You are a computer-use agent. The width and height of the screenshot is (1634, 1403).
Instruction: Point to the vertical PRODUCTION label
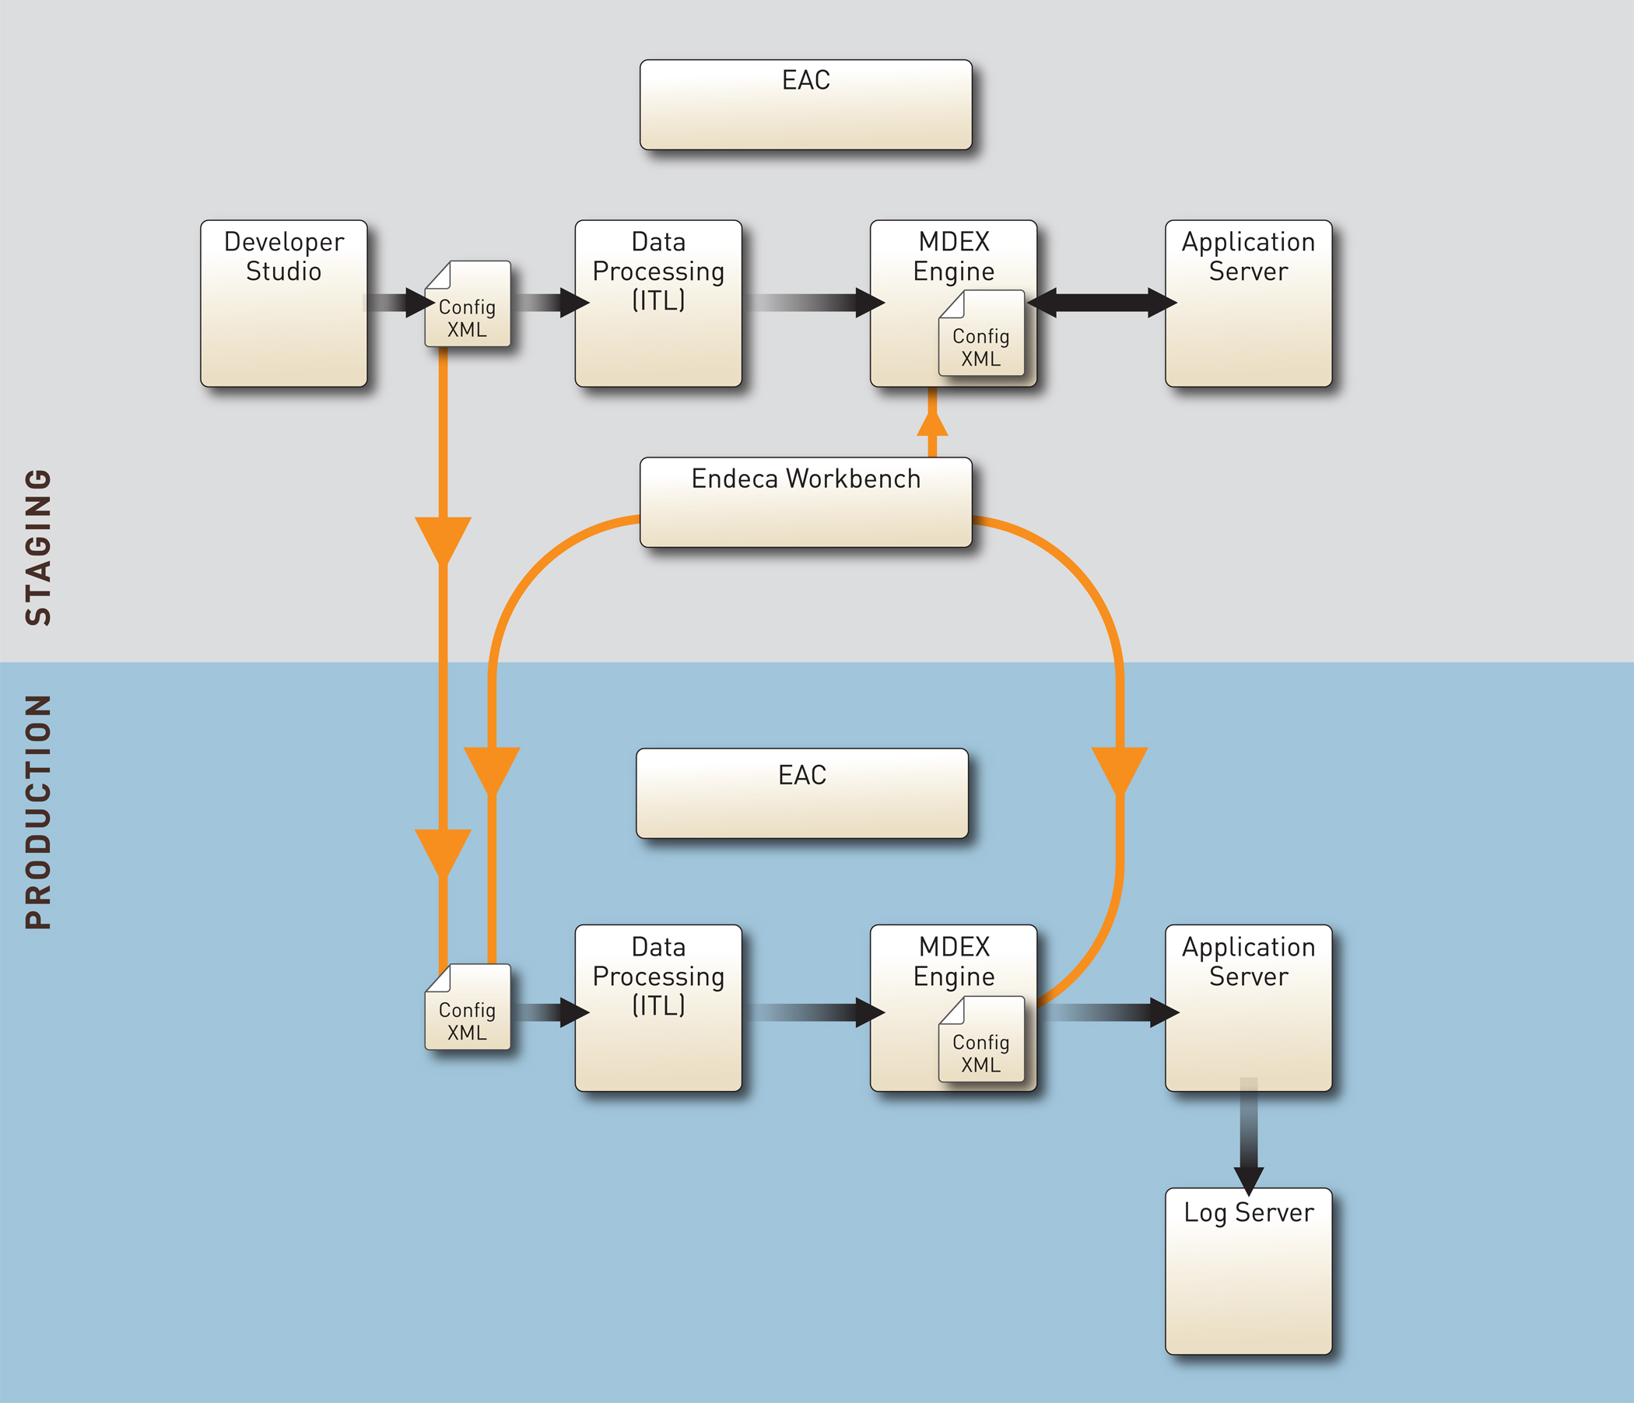tap(38, 812)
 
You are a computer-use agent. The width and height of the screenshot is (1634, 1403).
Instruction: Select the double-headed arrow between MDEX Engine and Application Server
tap(1102, 302)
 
